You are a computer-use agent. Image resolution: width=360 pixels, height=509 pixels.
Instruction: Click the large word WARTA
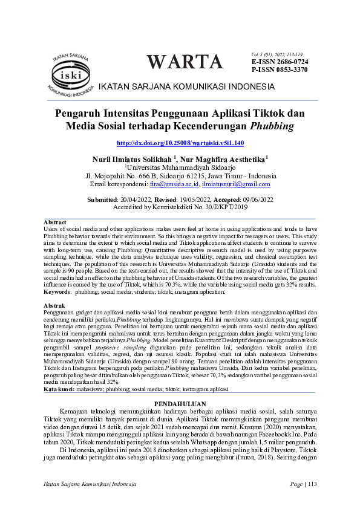(185, 62)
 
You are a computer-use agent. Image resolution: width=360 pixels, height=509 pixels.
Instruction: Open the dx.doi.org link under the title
(180, 143)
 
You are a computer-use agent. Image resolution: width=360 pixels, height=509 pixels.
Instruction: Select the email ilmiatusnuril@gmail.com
(236, 184)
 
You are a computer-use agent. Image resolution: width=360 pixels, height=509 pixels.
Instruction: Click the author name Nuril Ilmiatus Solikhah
(134, 159)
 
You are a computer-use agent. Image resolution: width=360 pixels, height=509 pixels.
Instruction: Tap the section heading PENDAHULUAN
(180, 403)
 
